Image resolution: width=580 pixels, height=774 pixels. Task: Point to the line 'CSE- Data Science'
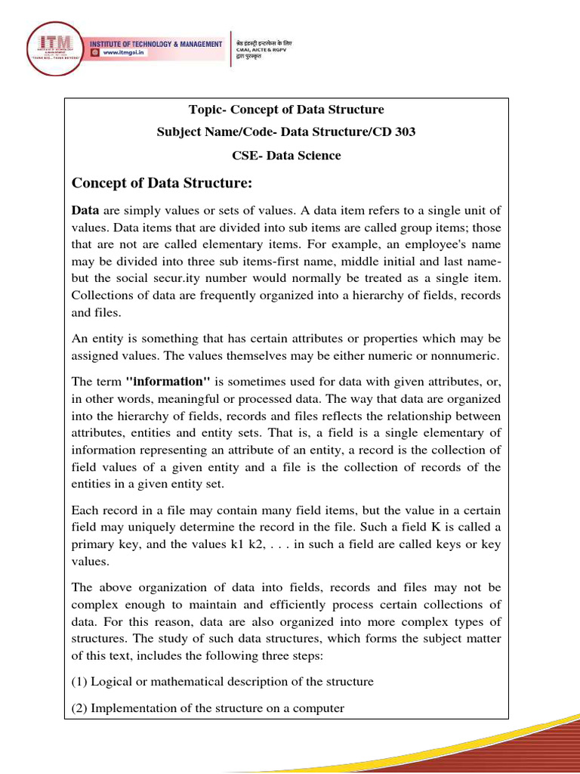tap(286, 156)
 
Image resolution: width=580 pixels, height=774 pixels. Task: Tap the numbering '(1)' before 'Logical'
tap(80, 681)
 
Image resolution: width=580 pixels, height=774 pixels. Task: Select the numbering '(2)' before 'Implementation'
tap(80, 708)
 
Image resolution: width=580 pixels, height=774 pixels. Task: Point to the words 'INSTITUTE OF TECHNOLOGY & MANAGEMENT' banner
tap(156, 44)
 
